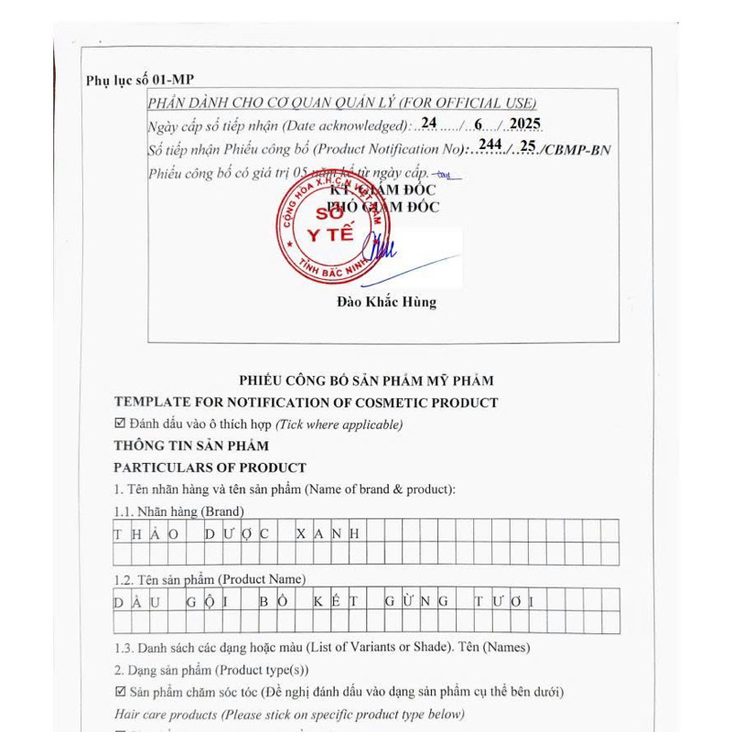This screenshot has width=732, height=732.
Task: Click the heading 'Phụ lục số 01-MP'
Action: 139,81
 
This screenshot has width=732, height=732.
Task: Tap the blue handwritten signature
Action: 384,252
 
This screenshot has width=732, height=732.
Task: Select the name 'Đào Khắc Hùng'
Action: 386,301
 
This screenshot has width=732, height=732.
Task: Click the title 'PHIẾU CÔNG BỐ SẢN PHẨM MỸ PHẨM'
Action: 366,381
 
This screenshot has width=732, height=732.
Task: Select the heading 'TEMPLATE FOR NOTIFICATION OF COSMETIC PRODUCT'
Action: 306,403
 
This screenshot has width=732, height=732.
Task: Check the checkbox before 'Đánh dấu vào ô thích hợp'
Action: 119,424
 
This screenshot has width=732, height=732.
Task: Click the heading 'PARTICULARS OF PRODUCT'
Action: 210,468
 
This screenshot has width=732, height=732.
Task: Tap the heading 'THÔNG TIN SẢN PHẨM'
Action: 191,446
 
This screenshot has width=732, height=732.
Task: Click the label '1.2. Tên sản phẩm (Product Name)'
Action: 210,579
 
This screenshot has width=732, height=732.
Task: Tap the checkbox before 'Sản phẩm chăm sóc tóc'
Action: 120,692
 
